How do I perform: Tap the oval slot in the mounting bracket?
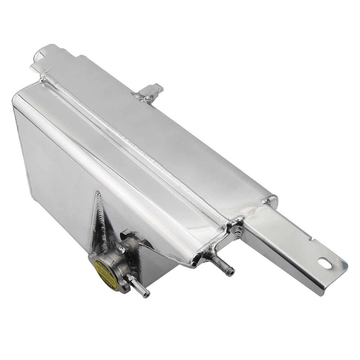pos(325,263)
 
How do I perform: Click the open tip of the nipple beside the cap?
pos(146,295)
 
